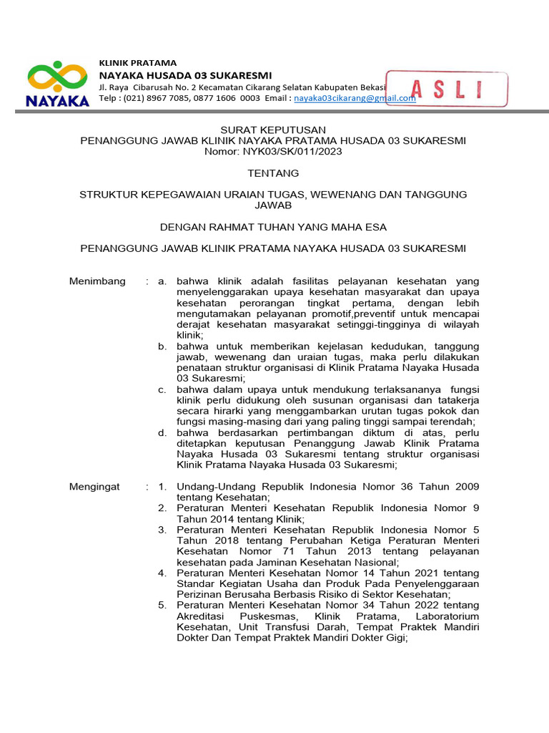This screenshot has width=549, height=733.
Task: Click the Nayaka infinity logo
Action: point(57,77)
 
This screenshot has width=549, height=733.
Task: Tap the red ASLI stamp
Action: point(447,89)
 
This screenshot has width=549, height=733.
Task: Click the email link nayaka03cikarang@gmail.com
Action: point(355,99)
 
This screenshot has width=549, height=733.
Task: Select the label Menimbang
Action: point(97,281)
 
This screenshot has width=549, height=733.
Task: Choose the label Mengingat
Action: point(94,487)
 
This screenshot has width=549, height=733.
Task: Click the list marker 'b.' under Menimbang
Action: point(162,346)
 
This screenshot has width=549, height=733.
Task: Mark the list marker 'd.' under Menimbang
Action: point(162,432)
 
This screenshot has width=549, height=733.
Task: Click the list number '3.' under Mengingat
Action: point(162,530)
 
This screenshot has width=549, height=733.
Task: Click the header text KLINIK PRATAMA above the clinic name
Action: point(137,63)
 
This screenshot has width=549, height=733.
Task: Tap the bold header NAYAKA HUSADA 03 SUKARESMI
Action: point(185,76)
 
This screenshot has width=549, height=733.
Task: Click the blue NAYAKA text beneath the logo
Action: point(57,101)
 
